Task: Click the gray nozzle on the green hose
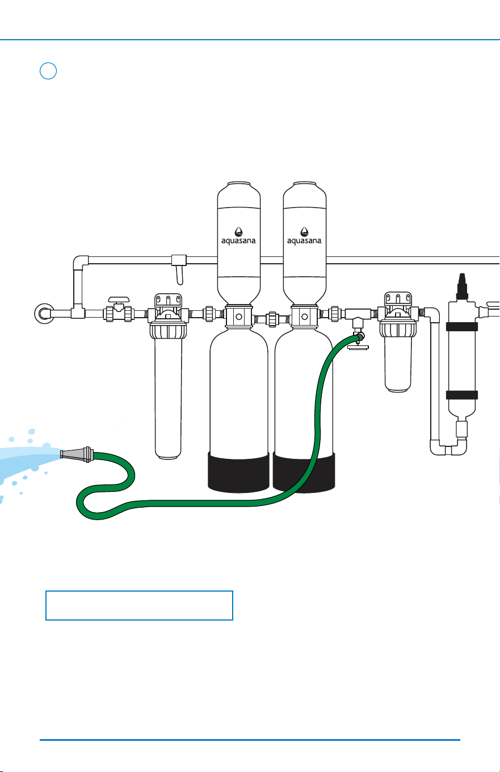[x=77, y=454]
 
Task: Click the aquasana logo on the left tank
[x=238, y=236]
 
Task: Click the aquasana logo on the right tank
[x=304, y=236]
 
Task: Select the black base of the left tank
[x=238, y=472]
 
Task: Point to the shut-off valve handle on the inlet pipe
[x=119, y=299]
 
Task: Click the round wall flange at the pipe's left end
[x=44, y=314]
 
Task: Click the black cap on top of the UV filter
[x=462, y=286]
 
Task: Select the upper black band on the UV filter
[x=462, y=327]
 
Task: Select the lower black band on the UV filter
[x=462, y=395]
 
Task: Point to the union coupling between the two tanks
[x=272, y=319]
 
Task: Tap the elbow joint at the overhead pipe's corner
[x=80, y=263]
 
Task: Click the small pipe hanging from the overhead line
[x=179, y=275]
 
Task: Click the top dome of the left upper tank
[x=239, y=194]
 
